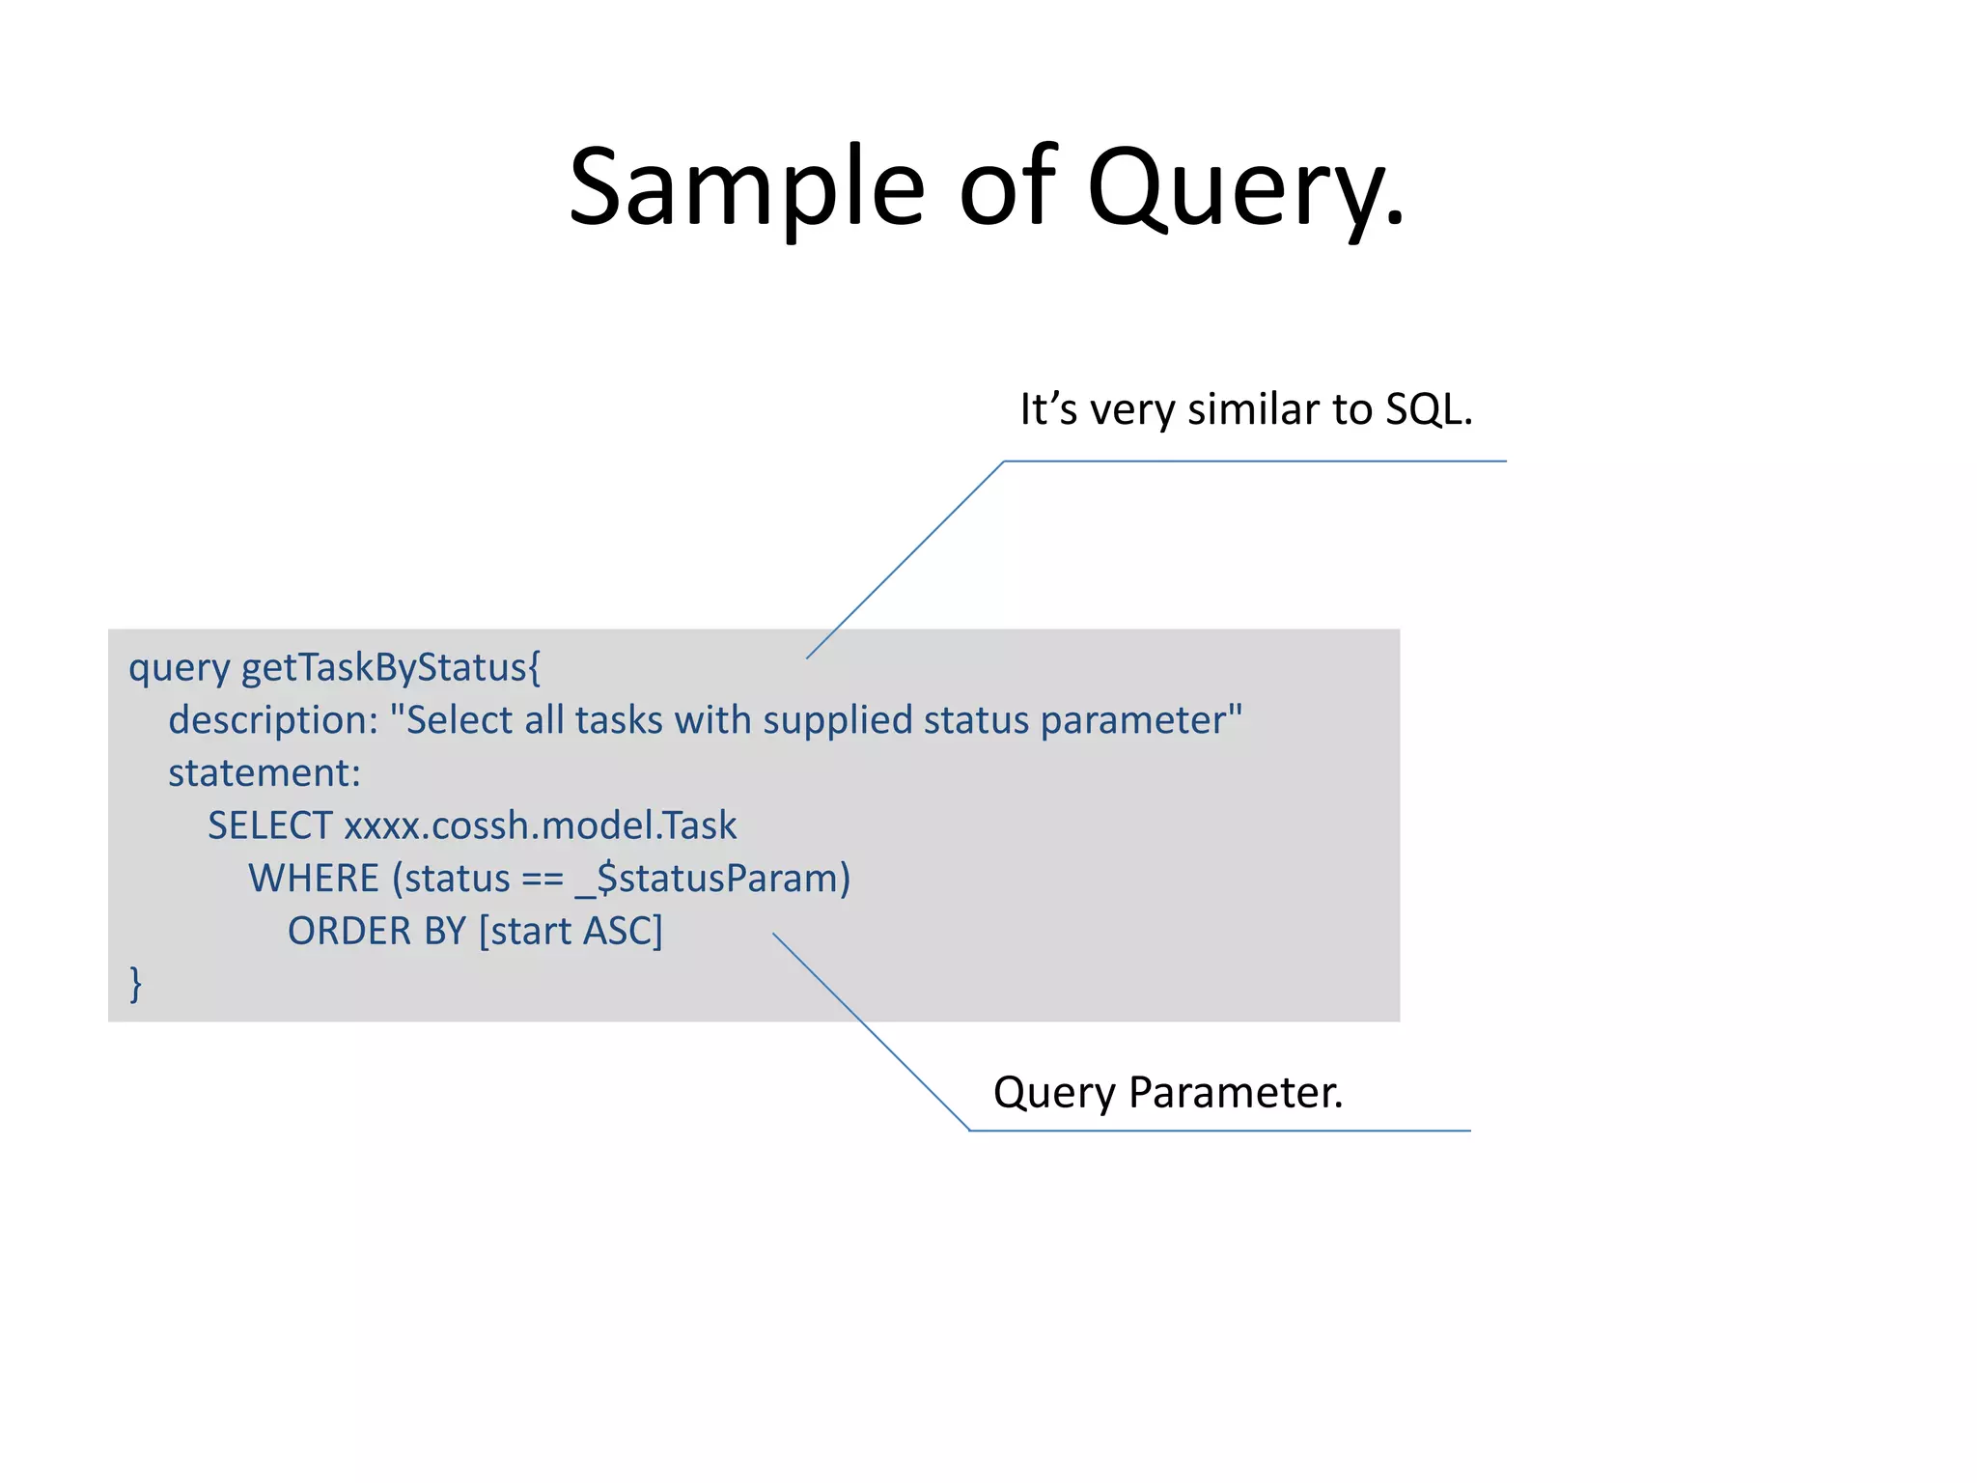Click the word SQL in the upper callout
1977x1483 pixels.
click(x=1429, y=409)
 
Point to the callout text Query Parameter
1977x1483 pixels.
click(x=1168, y=1093)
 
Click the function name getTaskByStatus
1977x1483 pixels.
click(x=390, y=668)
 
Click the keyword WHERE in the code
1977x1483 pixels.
click(x=314, y=879)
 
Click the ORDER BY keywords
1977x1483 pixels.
click(x=376, y=932)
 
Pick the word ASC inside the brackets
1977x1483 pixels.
click(x=618, y=932)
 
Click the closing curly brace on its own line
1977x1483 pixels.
click(x=136, y=984)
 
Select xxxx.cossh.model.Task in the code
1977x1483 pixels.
click(x=541, y=826)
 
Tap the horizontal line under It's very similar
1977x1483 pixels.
click(x=1255, y=462)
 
